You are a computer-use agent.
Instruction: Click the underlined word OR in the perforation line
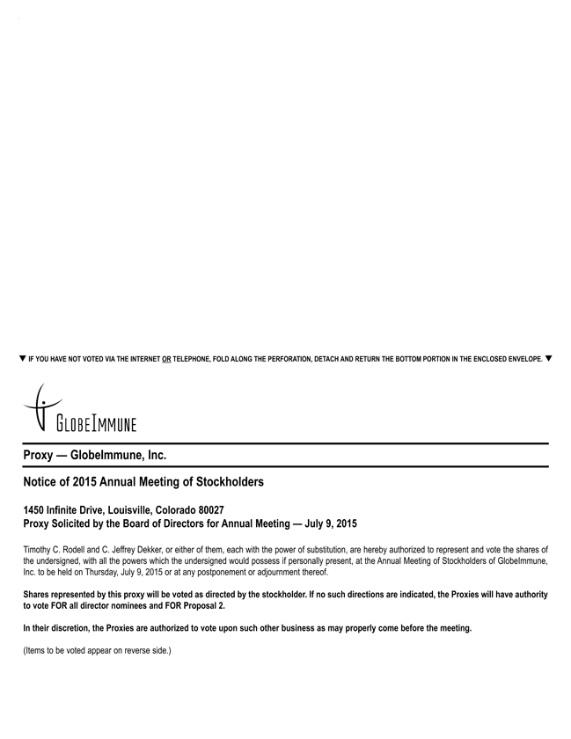(166, 360)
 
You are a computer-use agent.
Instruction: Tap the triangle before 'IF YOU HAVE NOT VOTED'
(22, 359)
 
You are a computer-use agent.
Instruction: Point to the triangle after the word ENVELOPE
(549, 359)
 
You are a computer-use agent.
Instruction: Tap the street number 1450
(36, 510)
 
